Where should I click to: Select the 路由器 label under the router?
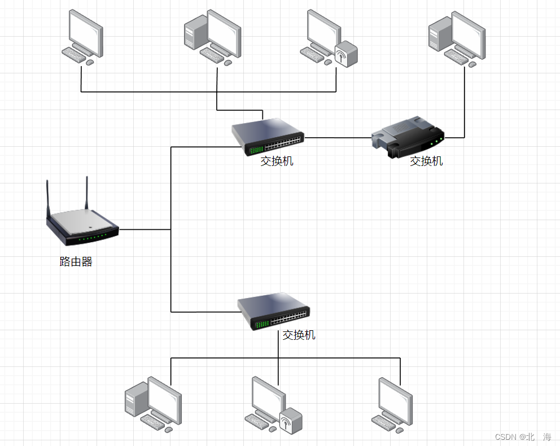pos(76,262)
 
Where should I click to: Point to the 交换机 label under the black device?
pos(426,161)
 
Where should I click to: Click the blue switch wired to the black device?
pos(268,137)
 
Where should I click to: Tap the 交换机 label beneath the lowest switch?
pos(299,335)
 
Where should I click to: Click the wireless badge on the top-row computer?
pos(345,55)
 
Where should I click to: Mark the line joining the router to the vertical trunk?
pos(145,230)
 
